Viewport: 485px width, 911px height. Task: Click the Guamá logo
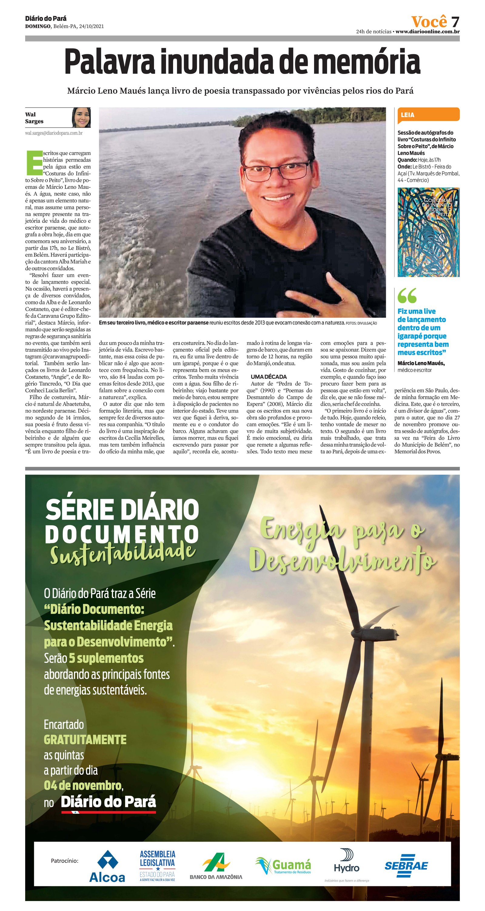click(283, 865)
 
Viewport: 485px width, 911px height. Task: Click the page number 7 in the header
click(455, 22)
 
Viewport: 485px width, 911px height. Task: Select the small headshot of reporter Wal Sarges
click(81, 117)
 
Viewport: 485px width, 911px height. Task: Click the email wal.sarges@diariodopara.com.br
click(54, 133)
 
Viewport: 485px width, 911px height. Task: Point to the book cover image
click(428, 232)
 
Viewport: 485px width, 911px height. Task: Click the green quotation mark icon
click(407, 295)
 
